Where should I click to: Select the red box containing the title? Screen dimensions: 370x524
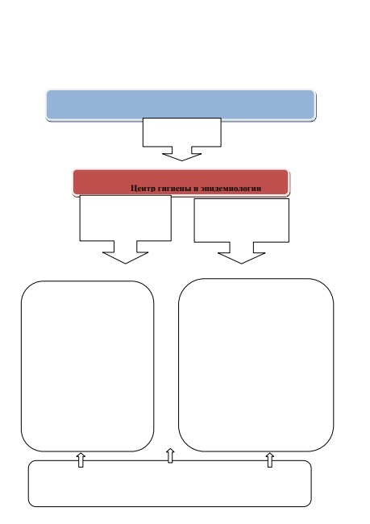(x=181, y=182)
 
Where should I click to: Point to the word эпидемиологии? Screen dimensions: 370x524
(x=231, y=189)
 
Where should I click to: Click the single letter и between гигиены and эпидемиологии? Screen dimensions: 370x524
(x=196, y=189)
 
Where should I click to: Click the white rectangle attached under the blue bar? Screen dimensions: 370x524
(x=182, y=132)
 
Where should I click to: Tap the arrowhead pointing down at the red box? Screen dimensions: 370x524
(x=182, y=157)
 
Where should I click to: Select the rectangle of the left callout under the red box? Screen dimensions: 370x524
(x=125, y=218)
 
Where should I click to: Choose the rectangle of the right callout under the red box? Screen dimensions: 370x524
(x=241, y=220)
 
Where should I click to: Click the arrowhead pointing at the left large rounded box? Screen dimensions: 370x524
(x=125, y=258)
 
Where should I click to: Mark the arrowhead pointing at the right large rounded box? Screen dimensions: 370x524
(x=241, y=258)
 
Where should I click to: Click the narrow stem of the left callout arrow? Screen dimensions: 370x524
(x=125, y=247)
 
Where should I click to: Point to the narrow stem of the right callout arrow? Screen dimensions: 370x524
(x=241, y=247)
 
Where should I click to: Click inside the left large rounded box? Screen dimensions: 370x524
(x=88, y=366)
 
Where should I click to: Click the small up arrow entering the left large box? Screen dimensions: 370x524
(x=81, y=460)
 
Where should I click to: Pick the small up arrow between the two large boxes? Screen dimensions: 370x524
(x=170, y=455)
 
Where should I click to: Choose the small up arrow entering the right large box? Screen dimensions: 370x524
(x=270, y=460)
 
